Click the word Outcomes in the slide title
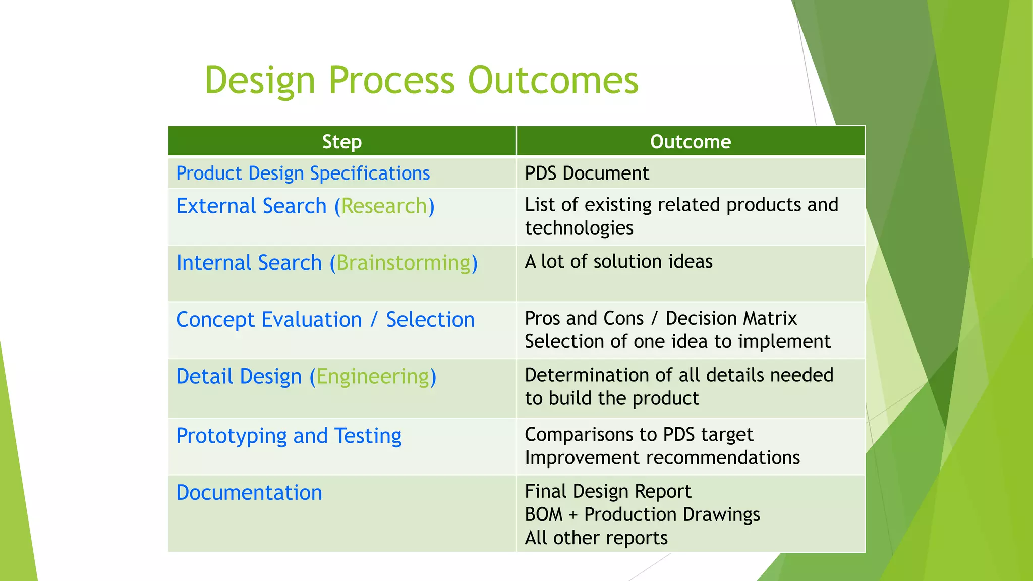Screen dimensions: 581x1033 (x=553, y=81)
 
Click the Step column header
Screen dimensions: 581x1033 (x=341, y=142)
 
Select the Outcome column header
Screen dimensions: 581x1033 (x=690, y=142)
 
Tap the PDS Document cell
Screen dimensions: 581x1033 (x=586, y=173)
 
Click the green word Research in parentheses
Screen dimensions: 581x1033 (x=384, y=206)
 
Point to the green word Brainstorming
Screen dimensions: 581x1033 (x=404, y=263)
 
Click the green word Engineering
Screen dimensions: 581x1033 (x=373, y=377)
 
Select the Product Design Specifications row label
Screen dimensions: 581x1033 (x=303, y=173)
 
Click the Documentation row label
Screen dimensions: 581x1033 (x=249, y=493)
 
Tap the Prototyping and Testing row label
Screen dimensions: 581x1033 (x=289, y=436)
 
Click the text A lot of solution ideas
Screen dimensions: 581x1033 (x=618, y=262)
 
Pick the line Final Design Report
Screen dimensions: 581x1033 (x=608, y=491)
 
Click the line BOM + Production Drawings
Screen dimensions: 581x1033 (x=642, y=514)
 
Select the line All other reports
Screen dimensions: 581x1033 (x=596, y=538)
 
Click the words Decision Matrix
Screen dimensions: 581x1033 (x=731, y=319)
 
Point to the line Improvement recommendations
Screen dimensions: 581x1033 (x=662, y=458)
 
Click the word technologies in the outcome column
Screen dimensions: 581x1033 (x=579, y=228)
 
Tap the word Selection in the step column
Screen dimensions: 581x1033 (x=430, y=320)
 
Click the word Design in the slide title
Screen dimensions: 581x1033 (x=260, y=81)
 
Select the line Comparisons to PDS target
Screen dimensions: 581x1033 (x=639, y=435)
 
